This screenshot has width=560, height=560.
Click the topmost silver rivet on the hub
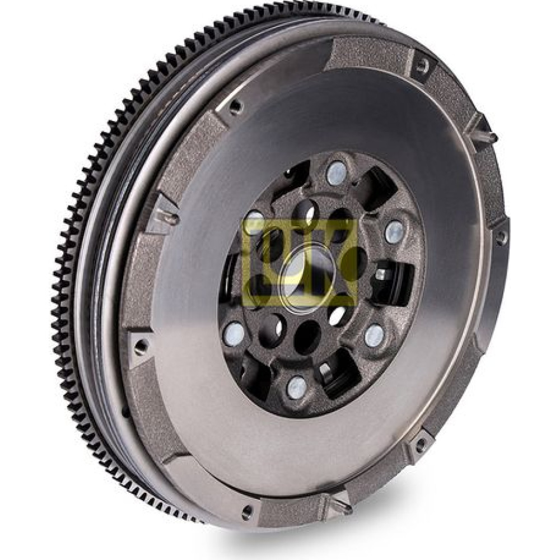(x=335, y=174)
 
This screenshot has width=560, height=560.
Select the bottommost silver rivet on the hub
(x=297, y=387)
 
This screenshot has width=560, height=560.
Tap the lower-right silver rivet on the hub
(x=374, y=335)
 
